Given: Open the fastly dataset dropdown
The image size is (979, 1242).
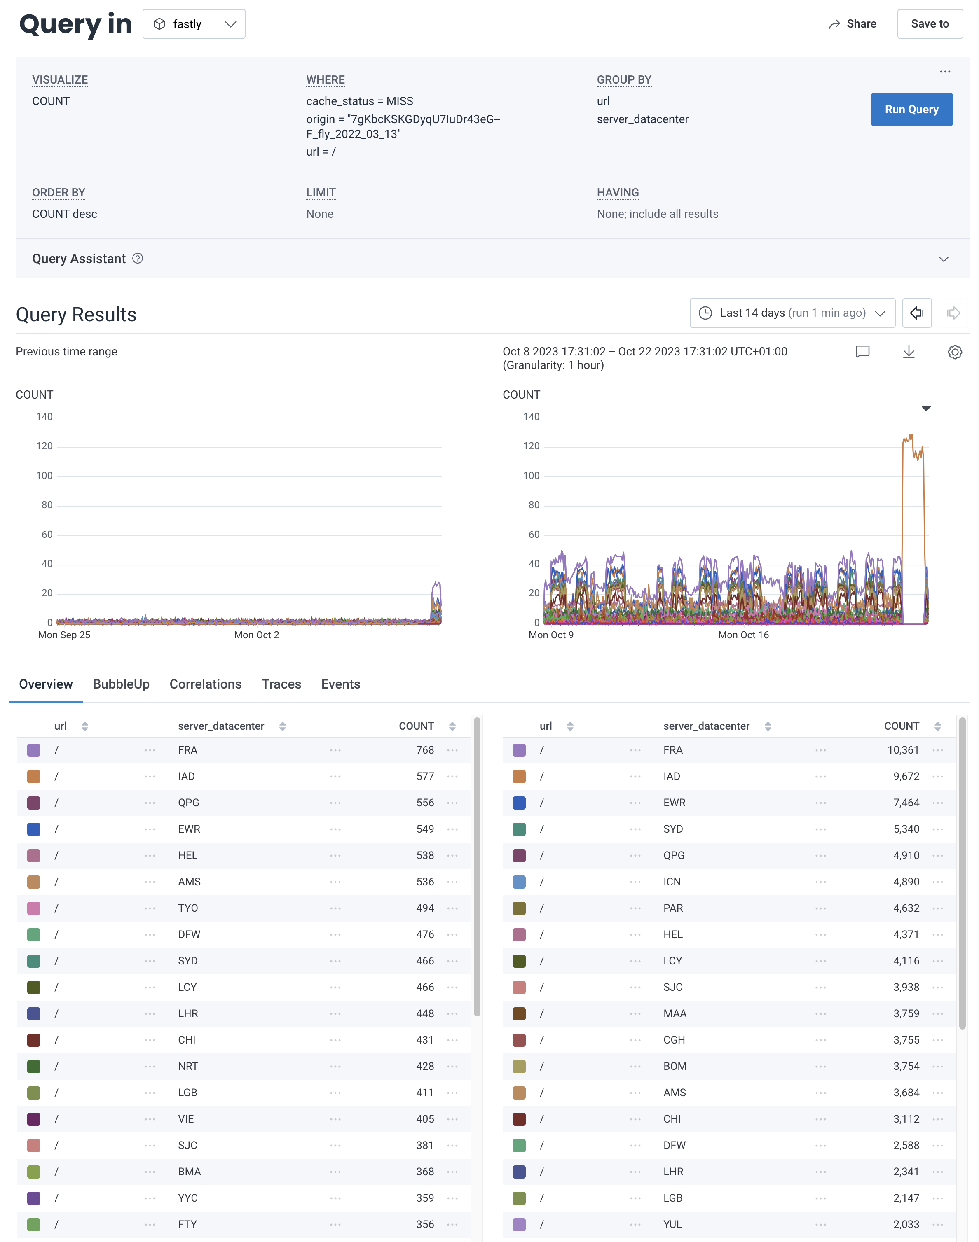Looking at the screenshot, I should pos(194,24).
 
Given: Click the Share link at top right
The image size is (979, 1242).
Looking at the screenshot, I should pos(853,24).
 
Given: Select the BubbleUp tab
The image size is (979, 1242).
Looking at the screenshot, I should pos(121,684).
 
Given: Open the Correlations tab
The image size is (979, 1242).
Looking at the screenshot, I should pos(205,684).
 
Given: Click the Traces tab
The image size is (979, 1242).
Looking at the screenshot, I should pos(281,684).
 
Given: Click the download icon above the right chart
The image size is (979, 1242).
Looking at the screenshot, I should pos(909,352).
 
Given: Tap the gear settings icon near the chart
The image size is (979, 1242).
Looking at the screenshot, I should pos(954,352).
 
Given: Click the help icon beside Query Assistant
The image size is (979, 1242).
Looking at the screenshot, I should pos(138,258).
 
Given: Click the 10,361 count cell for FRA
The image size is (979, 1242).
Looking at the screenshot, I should pos(903,750).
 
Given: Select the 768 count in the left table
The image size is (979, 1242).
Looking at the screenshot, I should pos(425,750).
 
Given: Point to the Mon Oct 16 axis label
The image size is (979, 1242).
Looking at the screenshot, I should pos(743,635).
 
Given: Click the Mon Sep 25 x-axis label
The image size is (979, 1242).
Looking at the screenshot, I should pos(64,635).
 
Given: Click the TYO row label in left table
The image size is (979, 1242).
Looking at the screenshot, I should pos(187,908).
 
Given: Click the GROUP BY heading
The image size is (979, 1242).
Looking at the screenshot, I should pos(624,79).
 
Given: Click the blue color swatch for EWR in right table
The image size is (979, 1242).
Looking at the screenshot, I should pos(519,803).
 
